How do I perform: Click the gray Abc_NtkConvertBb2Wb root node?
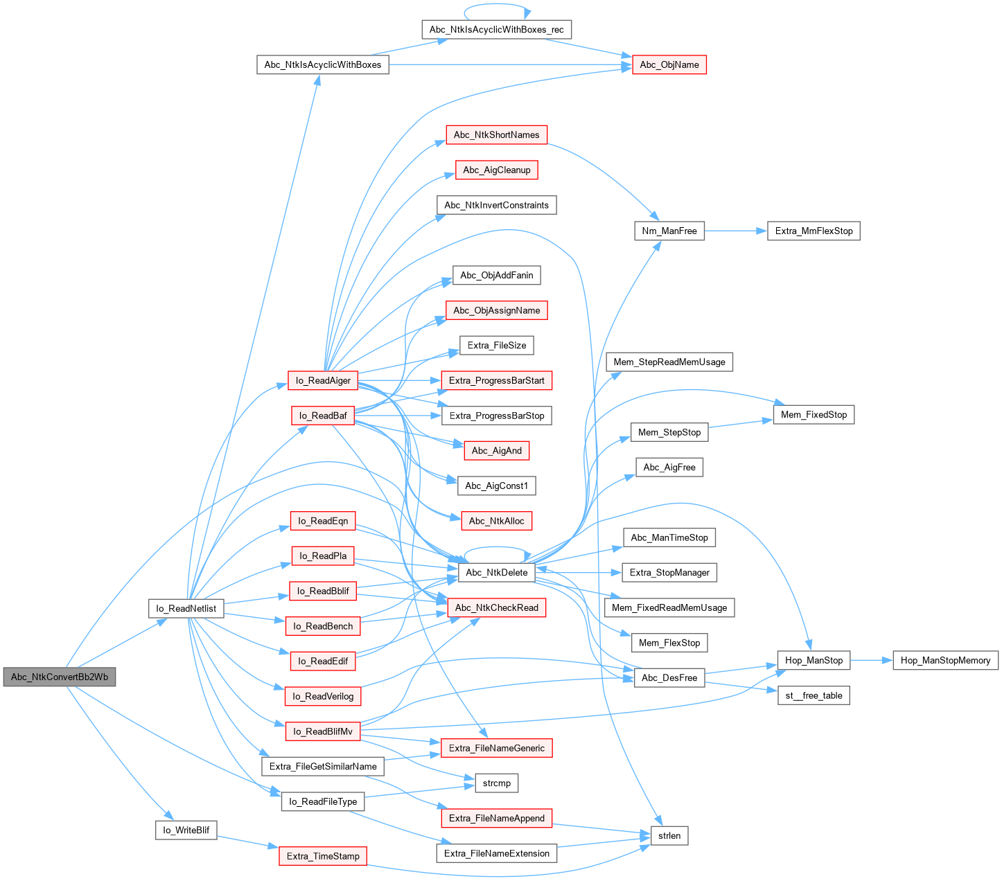tap(60, 677)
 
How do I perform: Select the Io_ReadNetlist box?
tap(186, 609)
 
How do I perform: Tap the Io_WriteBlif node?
tap(186, 830)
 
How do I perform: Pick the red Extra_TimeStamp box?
tap(323, 856)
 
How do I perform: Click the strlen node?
tap(669, 835)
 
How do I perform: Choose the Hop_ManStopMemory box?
tap(945, 660)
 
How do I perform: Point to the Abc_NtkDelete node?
tap(496, 572)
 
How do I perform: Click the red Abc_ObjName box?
tap(669, 64)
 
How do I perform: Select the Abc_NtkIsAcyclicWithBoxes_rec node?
tap(496, 30)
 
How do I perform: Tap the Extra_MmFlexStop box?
tap(814, 231)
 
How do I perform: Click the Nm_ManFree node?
tap(669, 231)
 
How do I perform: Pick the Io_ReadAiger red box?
tap(323, 380)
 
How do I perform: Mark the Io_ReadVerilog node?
tap(323, 696)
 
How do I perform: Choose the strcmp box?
tap(496, 783)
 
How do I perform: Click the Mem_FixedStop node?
tap(814, 415)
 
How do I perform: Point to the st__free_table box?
tap(814, 695)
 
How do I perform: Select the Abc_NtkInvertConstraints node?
tap(496, 205)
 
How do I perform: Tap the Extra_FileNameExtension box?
tap(496, 853)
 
